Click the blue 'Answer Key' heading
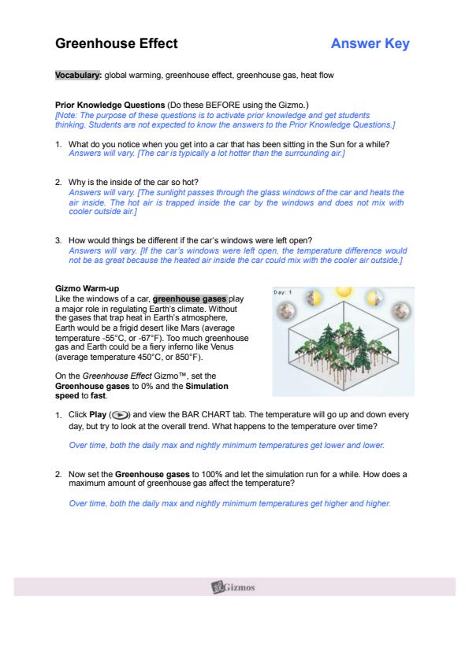(x=370, y=43)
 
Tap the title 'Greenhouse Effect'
(x=117, y=43)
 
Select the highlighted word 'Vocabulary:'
(x=78, y=76)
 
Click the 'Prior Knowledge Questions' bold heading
(x=110, y=105)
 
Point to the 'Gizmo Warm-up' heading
(x=87, y=289)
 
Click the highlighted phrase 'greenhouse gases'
(x=190, y=299)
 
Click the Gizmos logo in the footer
(x=233, y=587)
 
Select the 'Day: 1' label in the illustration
(x=282, y=292)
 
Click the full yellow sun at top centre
(x=344, y=292)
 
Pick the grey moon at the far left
(x=285, y=311)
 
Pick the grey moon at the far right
(x=400, y=311)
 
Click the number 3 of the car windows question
(x=58, y=241)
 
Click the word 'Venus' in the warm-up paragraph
(x=221, y=347)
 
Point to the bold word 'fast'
(x=99, y=396)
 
